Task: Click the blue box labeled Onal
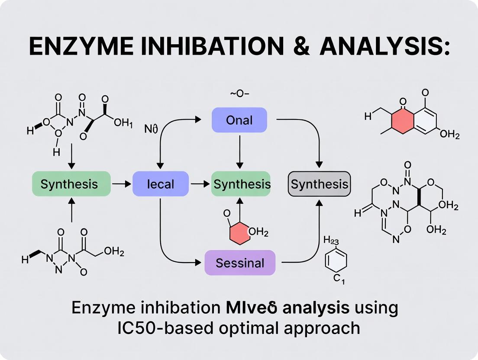[239, 120]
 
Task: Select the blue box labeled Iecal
[161, 184]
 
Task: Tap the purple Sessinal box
[240, 263]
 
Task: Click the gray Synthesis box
[319, 184]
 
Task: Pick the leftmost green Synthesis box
[69, 184]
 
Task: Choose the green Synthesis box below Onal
[241, 184]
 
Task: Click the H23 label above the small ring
[332, 241]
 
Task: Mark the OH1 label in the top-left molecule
[123, 123]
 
